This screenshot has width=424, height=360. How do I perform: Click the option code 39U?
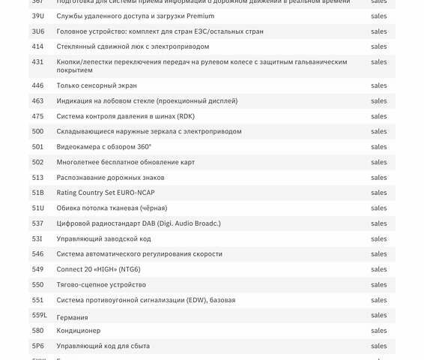[37, 16]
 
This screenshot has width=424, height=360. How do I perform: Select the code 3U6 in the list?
[37, 31]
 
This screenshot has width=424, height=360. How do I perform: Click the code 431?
[37, 62]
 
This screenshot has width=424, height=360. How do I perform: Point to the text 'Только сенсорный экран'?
[97, 85]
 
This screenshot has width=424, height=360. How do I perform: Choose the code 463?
[37, 100]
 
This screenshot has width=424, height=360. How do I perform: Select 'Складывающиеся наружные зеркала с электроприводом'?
[149, 131]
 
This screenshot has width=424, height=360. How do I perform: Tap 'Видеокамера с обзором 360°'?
[103, 147]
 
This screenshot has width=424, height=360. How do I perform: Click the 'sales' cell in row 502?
[379, 162]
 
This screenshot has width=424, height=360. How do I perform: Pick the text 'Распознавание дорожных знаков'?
[110, 178]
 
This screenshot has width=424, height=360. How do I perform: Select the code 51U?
[37, 208]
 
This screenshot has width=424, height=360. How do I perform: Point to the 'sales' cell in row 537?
[379, 223]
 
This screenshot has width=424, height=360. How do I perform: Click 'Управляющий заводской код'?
[103, 238]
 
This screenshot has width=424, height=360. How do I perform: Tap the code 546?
[37, 254]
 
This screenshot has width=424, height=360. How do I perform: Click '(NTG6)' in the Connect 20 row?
[127, 269]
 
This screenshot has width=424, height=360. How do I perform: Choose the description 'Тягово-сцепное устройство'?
[101, 285]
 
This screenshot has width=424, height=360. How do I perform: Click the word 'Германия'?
[73, 318]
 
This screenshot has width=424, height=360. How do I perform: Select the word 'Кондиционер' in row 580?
[79, 331]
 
